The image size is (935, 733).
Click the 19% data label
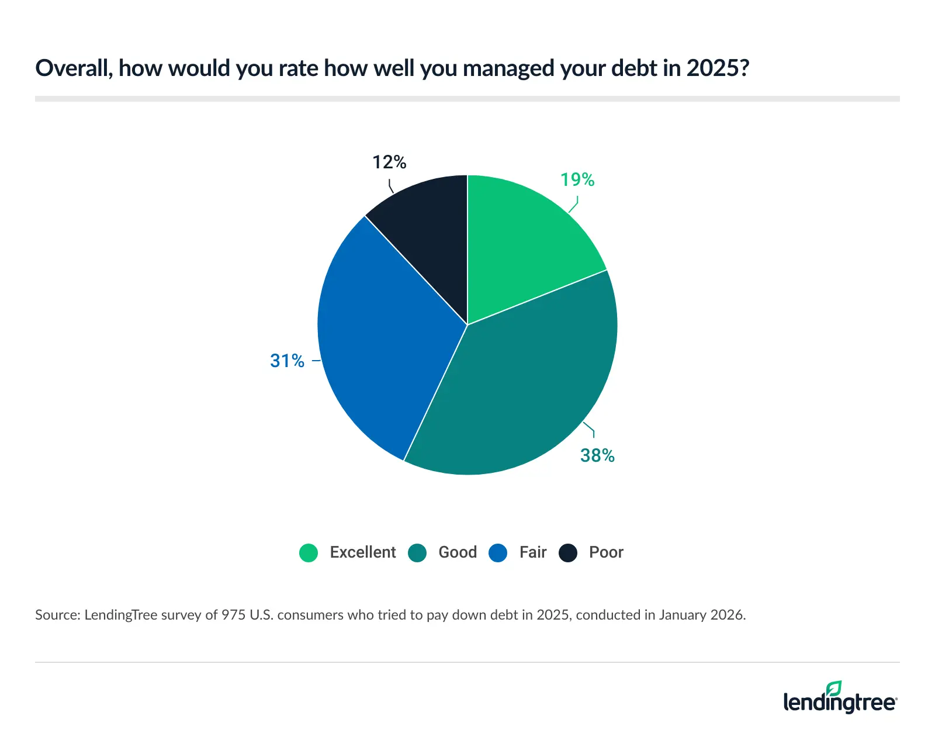577,180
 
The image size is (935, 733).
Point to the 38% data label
597,455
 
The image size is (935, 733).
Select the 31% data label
287,361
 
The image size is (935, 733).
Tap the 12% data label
389,162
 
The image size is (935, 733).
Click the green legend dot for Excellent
309,552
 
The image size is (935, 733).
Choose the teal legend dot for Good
417,552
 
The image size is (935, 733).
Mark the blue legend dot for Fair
498,552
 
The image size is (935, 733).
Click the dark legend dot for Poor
568,552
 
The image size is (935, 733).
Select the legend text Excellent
363,552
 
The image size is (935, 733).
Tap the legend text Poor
606,552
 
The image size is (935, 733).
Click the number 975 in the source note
233,615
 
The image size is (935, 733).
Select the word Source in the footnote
57,615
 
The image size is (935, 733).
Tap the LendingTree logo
840,700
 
